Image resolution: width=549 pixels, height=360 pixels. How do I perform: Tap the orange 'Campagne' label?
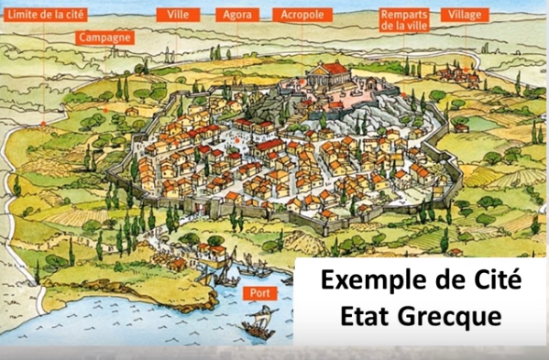[105, 38]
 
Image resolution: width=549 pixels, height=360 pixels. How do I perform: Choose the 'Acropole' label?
[302, 16]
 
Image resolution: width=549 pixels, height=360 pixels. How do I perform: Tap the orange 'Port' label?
[258, 293]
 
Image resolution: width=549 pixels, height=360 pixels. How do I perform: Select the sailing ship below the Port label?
[258, 322]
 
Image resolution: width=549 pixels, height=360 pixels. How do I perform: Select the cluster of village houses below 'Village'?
[454, 73]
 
